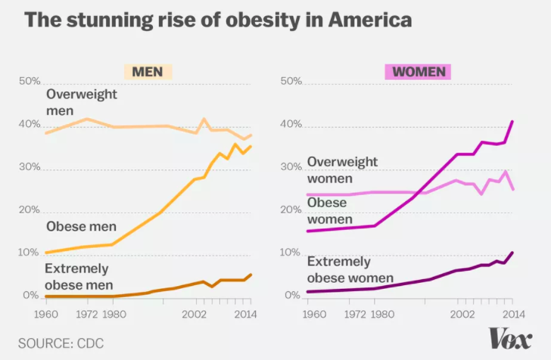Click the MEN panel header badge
point(148,71)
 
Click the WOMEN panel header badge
point(418,71)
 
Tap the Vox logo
point(509,337)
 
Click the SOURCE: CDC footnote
point(61,343)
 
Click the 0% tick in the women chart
point(291,295)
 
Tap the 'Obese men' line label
point(80,225)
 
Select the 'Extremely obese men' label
point(77,275)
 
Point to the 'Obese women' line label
point(330,212)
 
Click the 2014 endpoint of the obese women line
point(512,121)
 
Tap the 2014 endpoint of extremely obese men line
point(251,275)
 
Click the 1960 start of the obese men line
point(47,253)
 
